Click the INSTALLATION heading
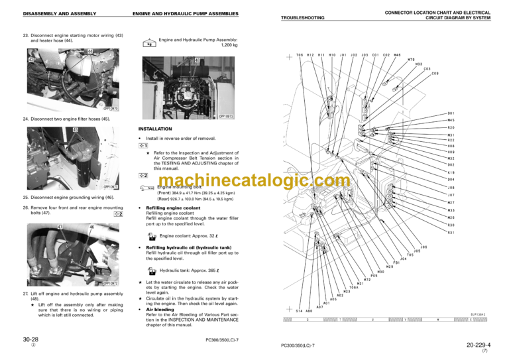(154, 129)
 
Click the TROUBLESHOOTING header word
(306, 17)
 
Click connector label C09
(435, 74)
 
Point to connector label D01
(451, 113)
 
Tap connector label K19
(451, 172)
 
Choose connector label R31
(451, 233)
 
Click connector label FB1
(396, 263)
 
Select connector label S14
(299, 310)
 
